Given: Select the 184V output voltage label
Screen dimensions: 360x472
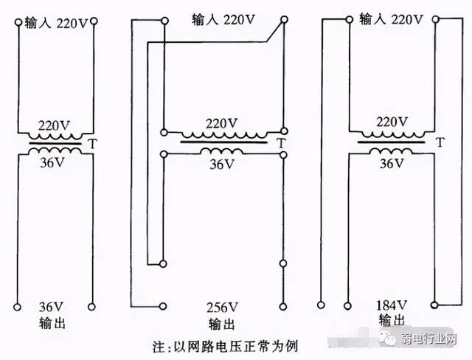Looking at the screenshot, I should pyautogui.click(x=392, y=305).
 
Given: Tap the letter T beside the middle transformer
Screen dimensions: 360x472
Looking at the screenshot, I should pyautogui.click(x=281, y=142).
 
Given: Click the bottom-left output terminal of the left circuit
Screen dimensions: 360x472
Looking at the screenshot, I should pyautogui.click(x=16, y=305).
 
